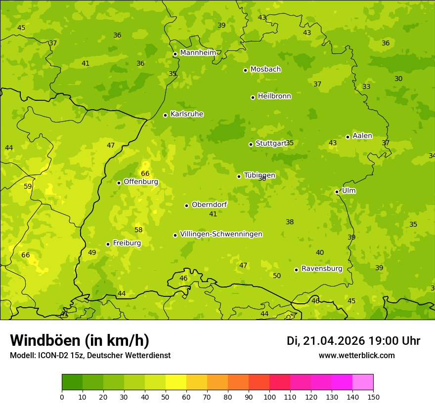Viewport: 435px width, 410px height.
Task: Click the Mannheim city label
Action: coord(198,53)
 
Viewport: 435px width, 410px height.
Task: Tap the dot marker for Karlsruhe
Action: coord(165,115)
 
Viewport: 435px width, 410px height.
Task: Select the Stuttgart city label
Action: coord(270,143)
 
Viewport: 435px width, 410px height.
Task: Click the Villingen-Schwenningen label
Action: coord(221,234)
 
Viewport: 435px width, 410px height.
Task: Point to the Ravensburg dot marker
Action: coord(296,270)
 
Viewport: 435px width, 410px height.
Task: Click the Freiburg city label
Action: coord(127,243)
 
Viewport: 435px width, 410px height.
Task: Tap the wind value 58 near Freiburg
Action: coord(138,230)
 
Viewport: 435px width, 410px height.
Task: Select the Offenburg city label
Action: coord(140,182)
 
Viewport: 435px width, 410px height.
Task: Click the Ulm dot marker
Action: coord(337,192)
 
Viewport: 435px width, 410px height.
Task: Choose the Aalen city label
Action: coord(362,136)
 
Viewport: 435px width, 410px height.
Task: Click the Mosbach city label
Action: coord(265,70)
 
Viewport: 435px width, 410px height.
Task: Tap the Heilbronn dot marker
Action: coord(253,97)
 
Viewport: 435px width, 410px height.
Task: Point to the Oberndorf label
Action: coord(209,205)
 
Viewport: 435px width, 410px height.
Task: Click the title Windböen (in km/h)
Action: coord(80,340)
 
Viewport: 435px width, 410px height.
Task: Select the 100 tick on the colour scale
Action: coord(269,397)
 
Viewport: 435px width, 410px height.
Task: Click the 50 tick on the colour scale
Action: coord(166,397)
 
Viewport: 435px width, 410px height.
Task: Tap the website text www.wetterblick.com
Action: coord(356,355)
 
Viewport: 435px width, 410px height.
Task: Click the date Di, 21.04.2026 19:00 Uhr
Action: coord(353,341)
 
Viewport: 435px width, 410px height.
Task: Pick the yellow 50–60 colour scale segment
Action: coord(176,382)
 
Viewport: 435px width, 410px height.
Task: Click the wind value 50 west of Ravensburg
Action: coord(277,276)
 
